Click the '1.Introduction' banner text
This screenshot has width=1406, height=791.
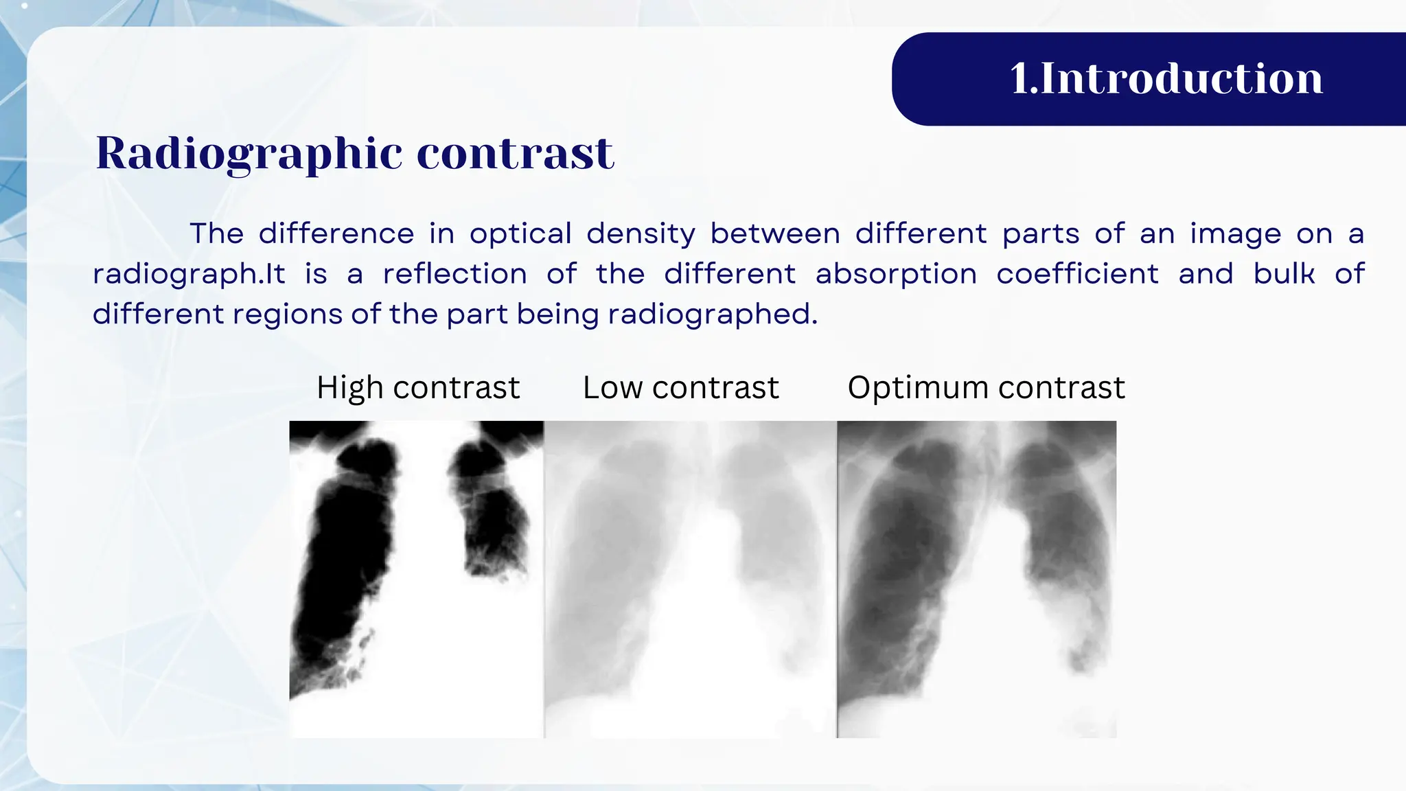(1166, 78)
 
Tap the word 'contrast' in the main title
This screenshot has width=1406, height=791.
(515, 153)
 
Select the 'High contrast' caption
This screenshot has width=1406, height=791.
(418, 388)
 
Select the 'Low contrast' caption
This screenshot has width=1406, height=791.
(680, 388)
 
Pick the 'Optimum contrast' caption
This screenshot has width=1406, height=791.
(986, 388)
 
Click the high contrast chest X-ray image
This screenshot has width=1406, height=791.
(416, 579)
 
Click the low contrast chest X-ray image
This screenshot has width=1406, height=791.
(690, 579)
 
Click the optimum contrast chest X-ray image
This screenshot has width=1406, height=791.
(976, 579)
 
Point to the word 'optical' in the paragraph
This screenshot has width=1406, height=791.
(520, 234)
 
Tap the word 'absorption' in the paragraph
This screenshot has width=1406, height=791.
(896, 275)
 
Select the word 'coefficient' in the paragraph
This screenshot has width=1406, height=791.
(1077, 274)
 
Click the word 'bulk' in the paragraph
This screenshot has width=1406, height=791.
(1284, 274)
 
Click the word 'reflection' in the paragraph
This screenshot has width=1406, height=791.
(454, 274)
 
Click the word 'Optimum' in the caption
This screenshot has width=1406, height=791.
(918, 388)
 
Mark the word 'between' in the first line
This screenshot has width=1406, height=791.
(775, 234)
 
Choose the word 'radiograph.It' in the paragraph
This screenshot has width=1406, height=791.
(189, 275)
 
